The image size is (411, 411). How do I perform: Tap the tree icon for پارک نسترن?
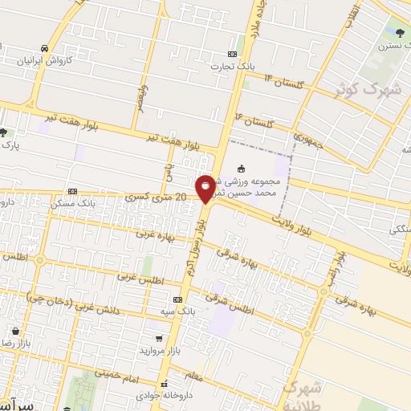[400, 32]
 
